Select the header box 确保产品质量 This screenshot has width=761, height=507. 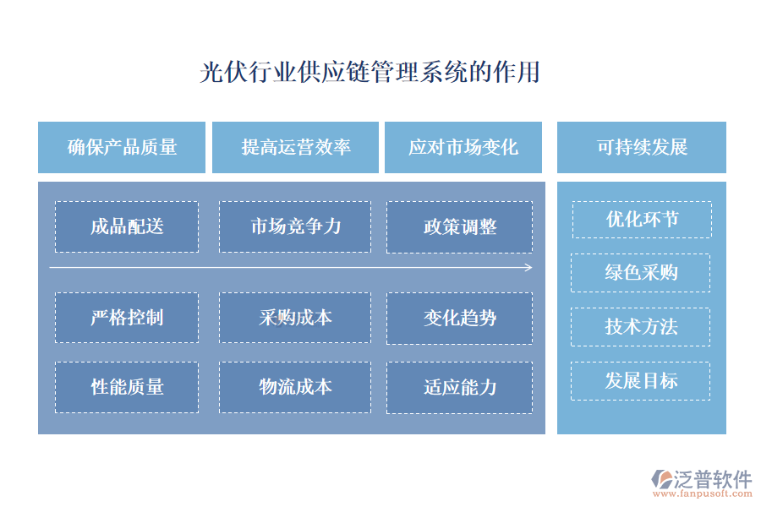tap(122, 147)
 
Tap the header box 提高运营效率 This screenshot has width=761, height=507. tap(295, 147)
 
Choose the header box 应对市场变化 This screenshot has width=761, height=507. tap(463, 147)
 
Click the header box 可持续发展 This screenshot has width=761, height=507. tap(642, 147)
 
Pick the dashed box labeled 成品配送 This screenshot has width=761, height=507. tap(127, 226)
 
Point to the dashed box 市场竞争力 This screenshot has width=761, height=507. tap(295, 226)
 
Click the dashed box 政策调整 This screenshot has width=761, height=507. tap(460, 226)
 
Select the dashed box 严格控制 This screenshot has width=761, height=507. tap(127, 318)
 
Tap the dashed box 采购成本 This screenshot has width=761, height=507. tap(295, 318)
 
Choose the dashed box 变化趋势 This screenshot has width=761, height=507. tap(460, 318)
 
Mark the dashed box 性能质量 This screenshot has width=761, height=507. tap(127, 387)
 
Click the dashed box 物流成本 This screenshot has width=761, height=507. tap(295, 387)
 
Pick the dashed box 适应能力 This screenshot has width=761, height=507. tap(460, 387)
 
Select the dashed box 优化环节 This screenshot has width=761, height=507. tap(642, 220)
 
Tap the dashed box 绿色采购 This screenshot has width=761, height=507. tap(641, 273)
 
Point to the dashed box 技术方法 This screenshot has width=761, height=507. tap(641, 326)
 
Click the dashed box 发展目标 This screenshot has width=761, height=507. tap(641, 380)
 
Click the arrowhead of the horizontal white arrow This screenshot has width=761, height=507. tap(528, 268)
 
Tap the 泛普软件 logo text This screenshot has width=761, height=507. tap(712, 479)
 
